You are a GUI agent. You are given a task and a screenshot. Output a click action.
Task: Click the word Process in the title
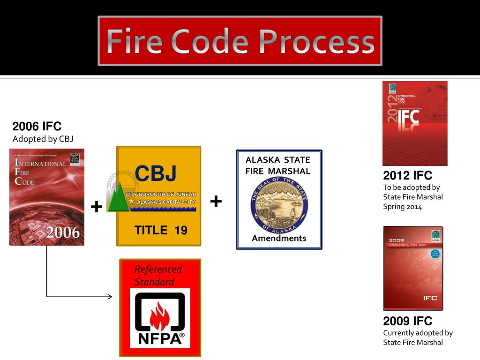316,41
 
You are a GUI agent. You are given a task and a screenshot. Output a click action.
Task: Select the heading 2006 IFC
37,127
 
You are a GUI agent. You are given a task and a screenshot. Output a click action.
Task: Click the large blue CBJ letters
156,173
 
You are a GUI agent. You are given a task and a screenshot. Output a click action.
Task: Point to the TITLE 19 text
161,230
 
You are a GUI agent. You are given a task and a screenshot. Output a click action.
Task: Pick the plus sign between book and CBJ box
96,207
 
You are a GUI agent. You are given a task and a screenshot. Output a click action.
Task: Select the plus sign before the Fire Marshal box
216,202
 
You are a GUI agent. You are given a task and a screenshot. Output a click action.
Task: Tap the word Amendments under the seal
279,238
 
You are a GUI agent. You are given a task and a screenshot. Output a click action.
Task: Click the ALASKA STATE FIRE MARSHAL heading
278,165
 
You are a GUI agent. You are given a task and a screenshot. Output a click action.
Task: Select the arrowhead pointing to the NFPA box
110,296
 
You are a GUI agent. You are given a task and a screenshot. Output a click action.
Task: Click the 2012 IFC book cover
415,123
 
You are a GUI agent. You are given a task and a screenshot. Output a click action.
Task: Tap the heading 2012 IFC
407,176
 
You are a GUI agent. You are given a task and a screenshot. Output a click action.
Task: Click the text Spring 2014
402,206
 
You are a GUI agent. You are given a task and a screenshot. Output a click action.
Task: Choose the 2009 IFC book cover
413,268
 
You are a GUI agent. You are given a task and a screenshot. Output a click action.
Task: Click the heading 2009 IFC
407,321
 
